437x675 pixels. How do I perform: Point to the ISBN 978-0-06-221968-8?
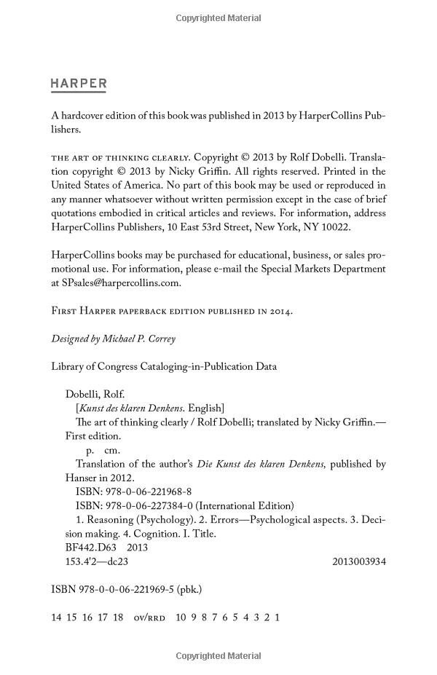pyautogui.click(x=133, y=492)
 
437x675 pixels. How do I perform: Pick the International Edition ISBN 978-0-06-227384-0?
pyautogui.click(x=133, y=505)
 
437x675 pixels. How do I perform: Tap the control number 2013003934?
pyautogui.click(x=358, y=561)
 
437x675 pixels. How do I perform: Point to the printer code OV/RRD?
pyautogui.click(x=150, y=617)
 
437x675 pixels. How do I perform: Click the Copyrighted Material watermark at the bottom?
pyautogui.click(x=219, y=655)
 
